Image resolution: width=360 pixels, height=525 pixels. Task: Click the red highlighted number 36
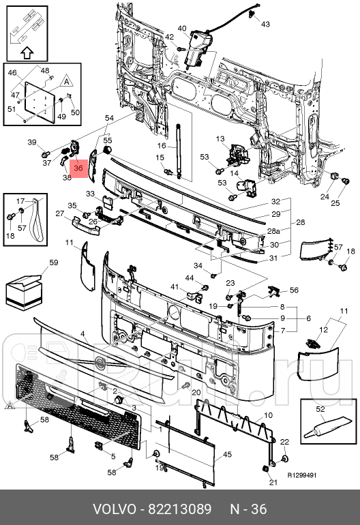tap(78, 168)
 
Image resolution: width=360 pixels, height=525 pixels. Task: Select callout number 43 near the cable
tap(265, 24)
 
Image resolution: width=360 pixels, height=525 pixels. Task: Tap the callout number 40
tap(182, 29)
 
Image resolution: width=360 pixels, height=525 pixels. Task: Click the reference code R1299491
tap(302, 475)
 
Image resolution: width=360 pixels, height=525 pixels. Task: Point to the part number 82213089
tap(180, 509)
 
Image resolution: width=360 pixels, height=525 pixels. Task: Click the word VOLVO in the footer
tap(114, 509)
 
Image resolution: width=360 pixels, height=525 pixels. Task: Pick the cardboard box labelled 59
tap(23, 291)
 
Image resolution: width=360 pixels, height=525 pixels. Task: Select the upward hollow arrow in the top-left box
tap(27, 52)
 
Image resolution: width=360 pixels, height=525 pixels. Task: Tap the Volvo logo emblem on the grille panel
tap(100, 363)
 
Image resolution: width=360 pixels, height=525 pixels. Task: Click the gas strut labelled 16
tap(179, 151)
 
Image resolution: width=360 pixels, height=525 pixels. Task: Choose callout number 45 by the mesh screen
tap(227, 454)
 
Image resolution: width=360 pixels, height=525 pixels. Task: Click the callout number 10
tap(268, 415)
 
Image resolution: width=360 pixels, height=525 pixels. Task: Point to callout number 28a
tap(273, 231)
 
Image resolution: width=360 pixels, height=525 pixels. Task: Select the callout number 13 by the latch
tap(220, 138)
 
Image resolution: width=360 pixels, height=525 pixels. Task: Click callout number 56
tap(294, 290)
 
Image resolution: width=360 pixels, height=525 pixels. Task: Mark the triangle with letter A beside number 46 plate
tap(67, 82)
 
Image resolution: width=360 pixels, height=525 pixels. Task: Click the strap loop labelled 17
tap(37, 221)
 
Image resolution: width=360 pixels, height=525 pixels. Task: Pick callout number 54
tap(110, 118)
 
